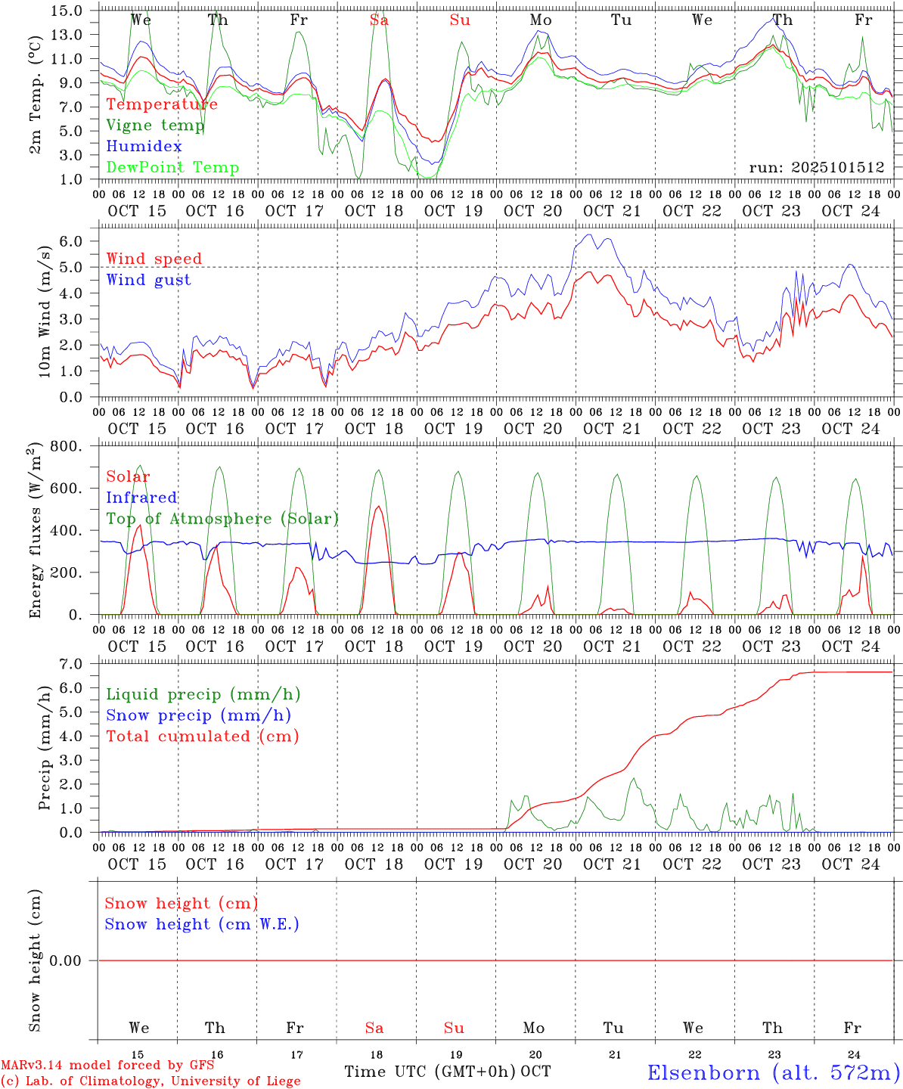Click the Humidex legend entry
pyautogui.click(x=144, y=147)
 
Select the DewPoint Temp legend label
pyautogui.click(x=172, y=168)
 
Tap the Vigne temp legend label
pyautogui.click(x=155, y=126)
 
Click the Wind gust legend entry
pyautogui.click(x=148, y=280)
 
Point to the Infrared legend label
pyautogui.click(x=141, y=498)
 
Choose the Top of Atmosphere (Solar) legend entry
pyautogui.click(x=222, y=519)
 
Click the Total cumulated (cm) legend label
pyautogui.click(x=202, y=737)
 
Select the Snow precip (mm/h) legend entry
pyautogui.click(x=198, y=715)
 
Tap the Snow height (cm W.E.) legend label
pyautogui.click(x=201, y=924)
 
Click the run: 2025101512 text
pyautogui.click(x=816, y=168)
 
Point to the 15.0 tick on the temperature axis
pyautogui.click(x=67, y=11)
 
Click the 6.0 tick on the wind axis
pyautogui.click(x=73, y=241)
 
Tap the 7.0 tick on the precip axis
pyautogui.click(x=73, y=664)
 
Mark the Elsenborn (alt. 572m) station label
pyautogui.click(x=773, y=1072)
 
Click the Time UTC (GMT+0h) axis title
pyautogui.click(x=430, y=1072)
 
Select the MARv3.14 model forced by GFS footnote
pyautogui.click(x=107, y=1066)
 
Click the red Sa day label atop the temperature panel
pyautogui.click(x=379, y=20)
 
